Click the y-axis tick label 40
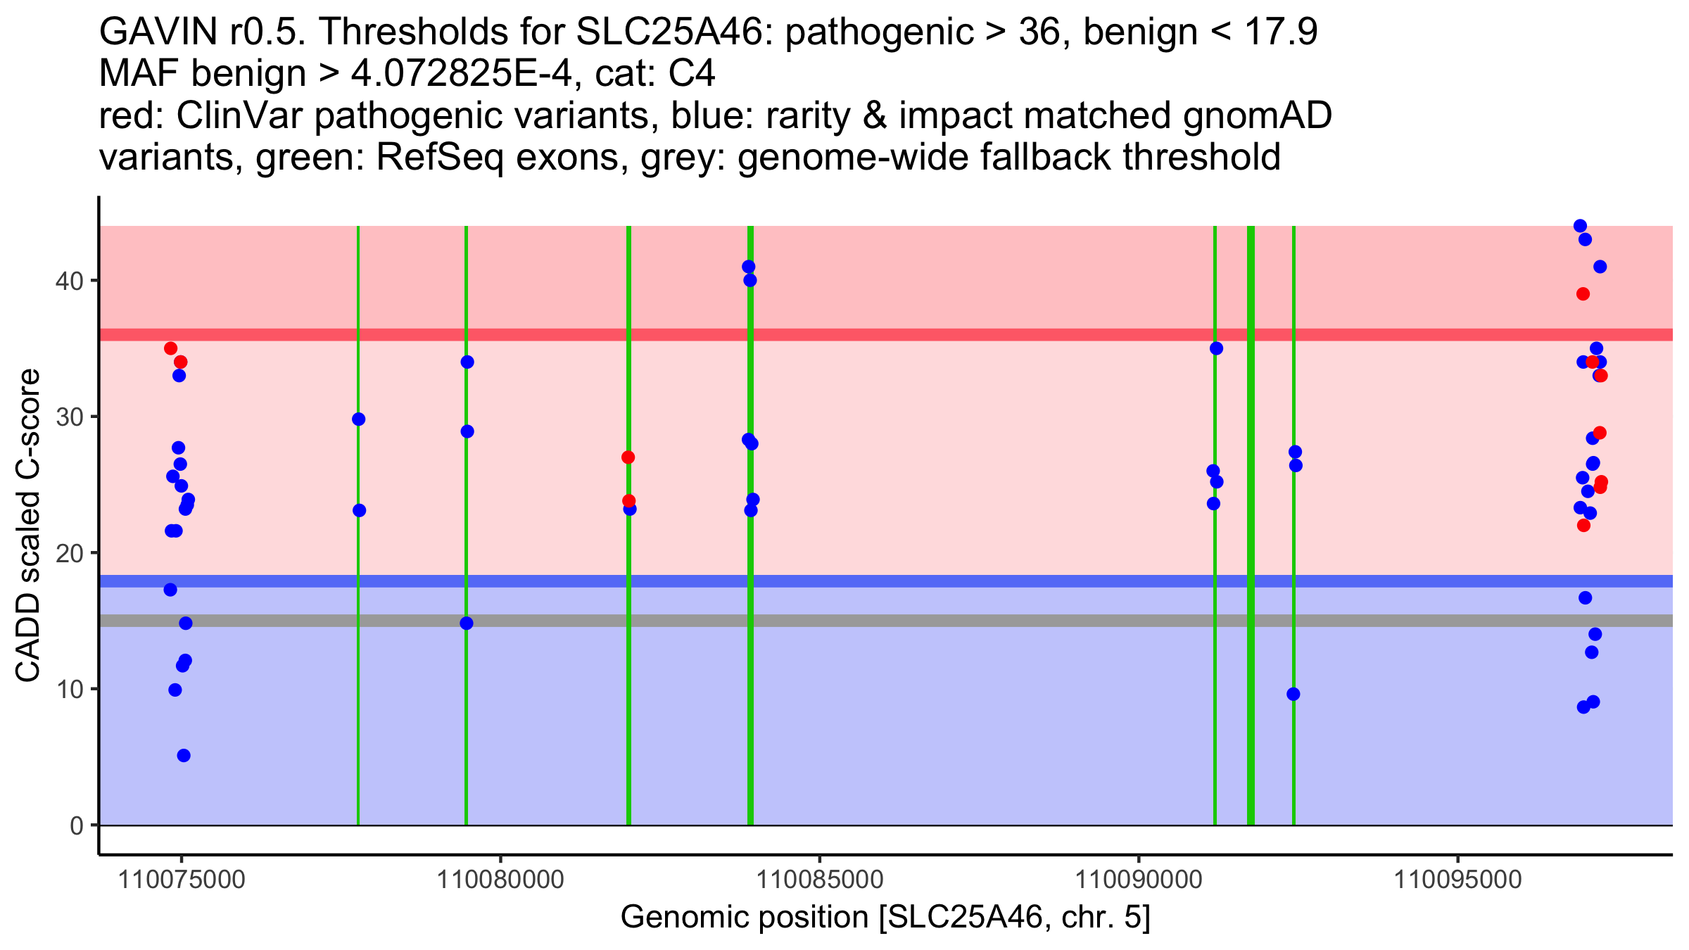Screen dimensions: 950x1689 (x=69, y=281)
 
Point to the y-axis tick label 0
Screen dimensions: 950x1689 (x=76, y=825)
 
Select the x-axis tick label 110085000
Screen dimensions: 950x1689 (x=819, y=880)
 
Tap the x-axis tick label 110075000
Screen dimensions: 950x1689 (x=182, y=880)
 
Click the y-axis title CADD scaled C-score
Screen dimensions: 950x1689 (x=28, y=526)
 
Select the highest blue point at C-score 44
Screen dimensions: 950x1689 (x=1580, y=226)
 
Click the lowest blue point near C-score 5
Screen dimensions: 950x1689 (x=184, y=756)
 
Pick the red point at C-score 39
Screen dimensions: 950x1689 (x=1583, y=294)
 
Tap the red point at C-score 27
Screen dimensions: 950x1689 (x=628, y=457)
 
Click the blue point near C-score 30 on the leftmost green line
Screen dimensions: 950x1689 (x=358, y=419)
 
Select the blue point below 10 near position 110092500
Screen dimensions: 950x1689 (x=1293, y=695)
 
